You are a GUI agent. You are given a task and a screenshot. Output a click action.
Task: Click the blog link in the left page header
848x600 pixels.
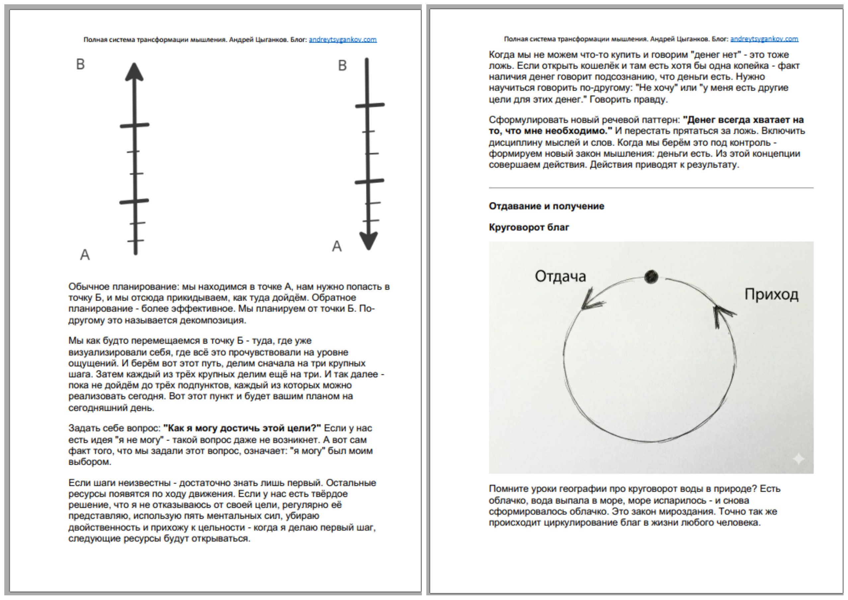342,40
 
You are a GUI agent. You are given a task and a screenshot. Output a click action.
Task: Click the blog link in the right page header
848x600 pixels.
764,39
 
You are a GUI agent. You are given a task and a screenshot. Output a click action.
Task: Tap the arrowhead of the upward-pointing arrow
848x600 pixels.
134,72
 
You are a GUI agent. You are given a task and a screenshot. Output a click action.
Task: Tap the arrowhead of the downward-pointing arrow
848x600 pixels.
368,241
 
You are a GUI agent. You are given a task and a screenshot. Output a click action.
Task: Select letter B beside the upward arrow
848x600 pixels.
80,64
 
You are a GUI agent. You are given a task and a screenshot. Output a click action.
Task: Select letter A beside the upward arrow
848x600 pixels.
85,254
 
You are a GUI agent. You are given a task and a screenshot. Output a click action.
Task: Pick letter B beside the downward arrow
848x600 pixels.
342,66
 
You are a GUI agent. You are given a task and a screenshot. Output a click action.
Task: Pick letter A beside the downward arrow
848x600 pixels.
336,246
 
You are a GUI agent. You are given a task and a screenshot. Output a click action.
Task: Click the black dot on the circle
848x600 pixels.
651,277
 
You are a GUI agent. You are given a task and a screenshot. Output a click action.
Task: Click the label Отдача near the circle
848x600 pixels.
560,276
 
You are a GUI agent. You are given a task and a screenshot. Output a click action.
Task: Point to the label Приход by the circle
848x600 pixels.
771,294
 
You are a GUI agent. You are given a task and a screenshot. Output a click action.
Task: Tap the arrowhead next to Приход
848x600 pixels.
721,314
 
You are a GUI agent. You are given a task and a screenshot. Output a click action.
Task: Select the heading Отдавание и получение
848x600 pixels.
546,206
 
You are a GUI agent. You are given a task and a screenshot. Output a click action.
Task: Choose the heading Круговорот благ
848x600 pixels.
529,227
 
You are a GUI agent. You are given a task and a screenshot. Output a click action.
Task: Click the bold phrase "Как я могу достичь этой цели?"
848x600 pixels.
242,428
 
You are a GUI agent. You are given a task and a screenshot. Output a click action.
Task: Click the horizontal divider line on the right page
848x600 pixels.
651,188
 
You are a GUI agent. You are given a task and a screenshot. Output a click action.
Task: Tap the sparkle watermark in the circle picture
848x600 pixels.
799,459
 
